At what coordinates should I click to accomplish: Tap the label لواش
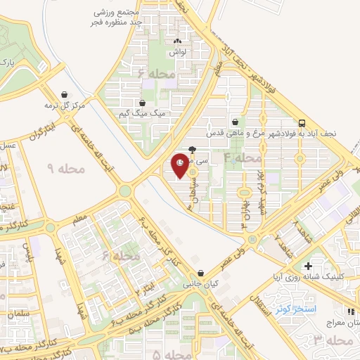(x=176, y=53)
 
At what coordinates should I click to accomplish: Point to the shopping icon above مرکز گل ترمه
(x=65, y=95)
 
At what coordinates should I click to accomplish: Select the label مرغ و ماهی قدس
(x=229, y=132)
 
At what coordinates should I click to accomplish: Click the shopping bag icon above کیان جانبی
(x=202, y=274)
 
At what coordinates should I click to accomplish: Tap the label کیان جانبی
(x=197, y=285)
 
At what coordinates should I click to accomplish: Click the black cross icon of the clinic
(x=308, y=266)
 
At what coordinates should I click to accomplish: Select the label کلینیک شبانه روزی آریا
(x=317, y=277)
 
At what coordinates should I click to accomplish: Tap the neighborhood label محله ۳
(x=333, y=340)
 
